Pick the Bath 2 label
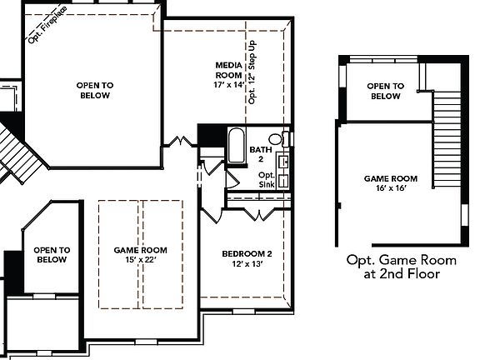tap(261, 153)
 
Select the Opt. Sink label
tap(267, 179)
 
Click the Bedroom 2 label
tap(247, 253)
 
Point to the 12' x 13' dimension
tap(247, 264)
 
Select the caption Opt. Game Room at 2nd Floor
tap(392, 266)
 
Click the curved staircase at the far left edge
tap(12, 150)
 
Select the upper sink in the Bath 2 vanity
tap(283, 162)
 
